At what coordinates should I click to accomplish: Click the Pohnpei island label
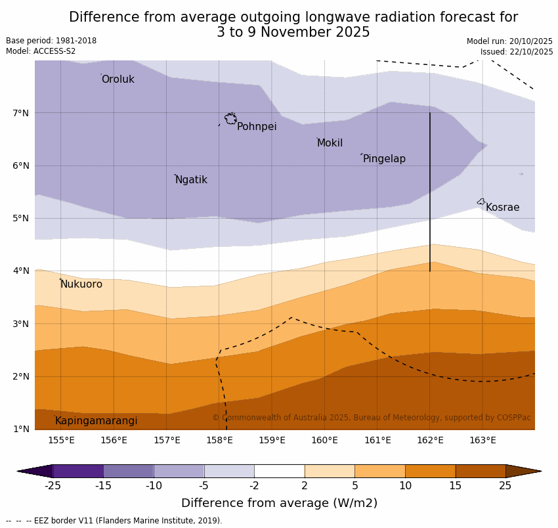tap(256, 127)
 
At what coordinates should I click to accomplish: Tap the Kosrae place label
tap(502, 208)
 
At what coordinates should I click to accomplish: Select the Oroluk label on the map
tap(118, 79)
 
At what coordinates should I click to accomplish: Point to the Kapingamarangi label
tap(96, 421)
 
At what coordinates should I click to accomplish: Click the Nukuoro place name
tap(81, 284)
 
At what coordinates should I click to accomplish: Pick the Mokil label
tap(330, 143)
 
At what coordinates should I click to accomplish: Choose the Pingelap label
tap(384, 159)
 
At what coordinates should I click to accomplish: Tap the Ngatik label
tap(191, 180)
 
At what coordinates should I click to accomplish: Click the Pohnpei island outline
tap(230, 119)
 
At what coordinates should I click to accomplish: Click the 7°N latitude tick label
tap(21, 113)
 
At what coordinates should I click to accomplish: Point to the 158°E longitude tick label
tap(219, 440)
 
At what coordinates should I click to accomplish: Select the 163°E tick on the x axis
tap(483, 440)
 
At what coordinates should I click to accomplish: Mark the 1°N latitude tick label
tap(21, 429)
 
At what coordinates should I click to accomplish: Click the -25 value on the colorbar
tap(53, 486)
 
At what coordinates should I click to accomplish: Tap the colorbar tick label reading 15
tap(456, 486)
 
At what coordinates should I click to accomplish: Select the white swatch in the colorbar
tap(279, 471)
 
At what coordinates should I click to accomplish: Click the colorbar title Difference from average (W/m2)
tap(279, 504)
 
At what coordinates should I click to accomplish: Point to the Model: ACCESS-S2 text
tap(41, 51)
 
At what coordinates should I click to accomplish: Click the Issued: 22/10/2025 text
tap(516, 52)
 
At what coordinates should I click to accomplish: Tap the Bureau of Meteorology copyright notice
tap(371, 418)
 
